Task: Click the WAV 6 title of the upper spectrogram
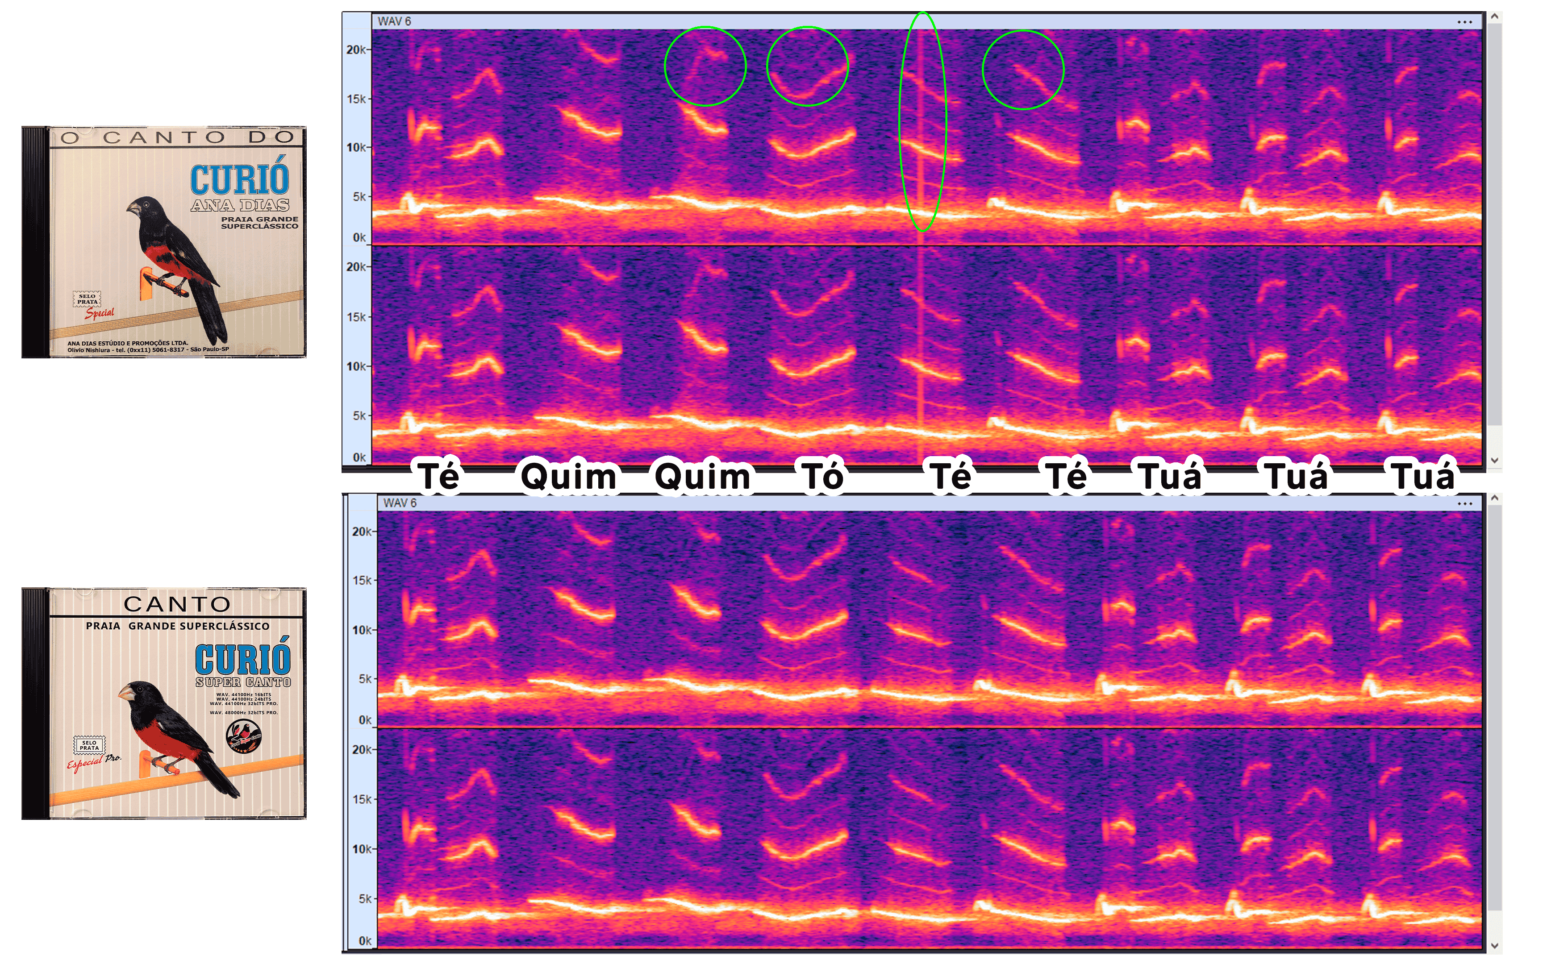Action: (394, 21)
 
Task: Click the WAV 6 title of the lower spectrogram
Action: (400, 503)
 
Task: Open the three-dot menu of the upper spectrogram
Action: (1464, 22)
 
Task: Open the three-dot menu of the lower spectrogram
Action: (1464, 504)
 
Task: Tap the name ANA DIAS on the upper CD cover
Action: (240, 205)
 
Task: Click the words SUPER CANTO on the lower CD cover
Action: (243, 682)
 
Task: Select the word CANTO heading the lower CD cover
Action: (177, 604)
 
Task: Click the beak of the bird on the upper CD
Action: (132, 208)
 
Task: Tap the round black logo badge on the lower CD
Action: (244, 736)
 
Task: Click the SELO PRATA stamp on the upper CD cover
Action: (88, 299)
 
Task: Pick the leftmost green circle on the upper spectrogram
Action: (705, 66)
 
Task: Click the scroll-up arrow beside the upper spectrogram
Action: (1494, 17)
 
